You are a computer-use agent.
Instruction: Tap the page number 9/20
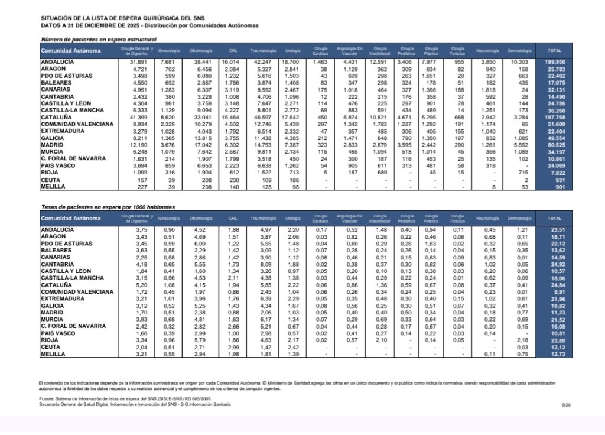click(566, 404)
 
